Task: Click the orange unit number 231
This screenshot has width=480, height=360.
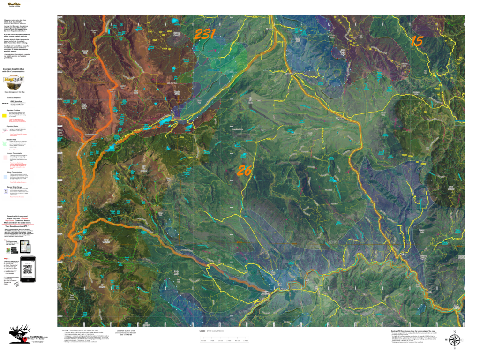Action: pos(204,34)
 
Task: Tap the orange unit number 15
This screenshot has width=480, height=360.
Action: pos(417,40)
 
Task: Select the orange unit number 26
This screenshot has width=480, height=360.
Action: pos(244,171)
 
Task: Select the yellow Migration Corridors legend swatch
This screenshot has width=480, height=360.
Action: pos(5,114)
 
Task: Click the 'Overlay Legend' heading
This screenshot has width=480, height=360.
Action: pos(17,98)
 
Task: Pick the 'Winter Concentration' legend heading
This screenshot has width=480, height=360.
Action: pos(19,172)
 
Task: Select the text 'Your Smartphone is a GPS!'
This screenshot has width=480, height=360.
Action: pos(23,226)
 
